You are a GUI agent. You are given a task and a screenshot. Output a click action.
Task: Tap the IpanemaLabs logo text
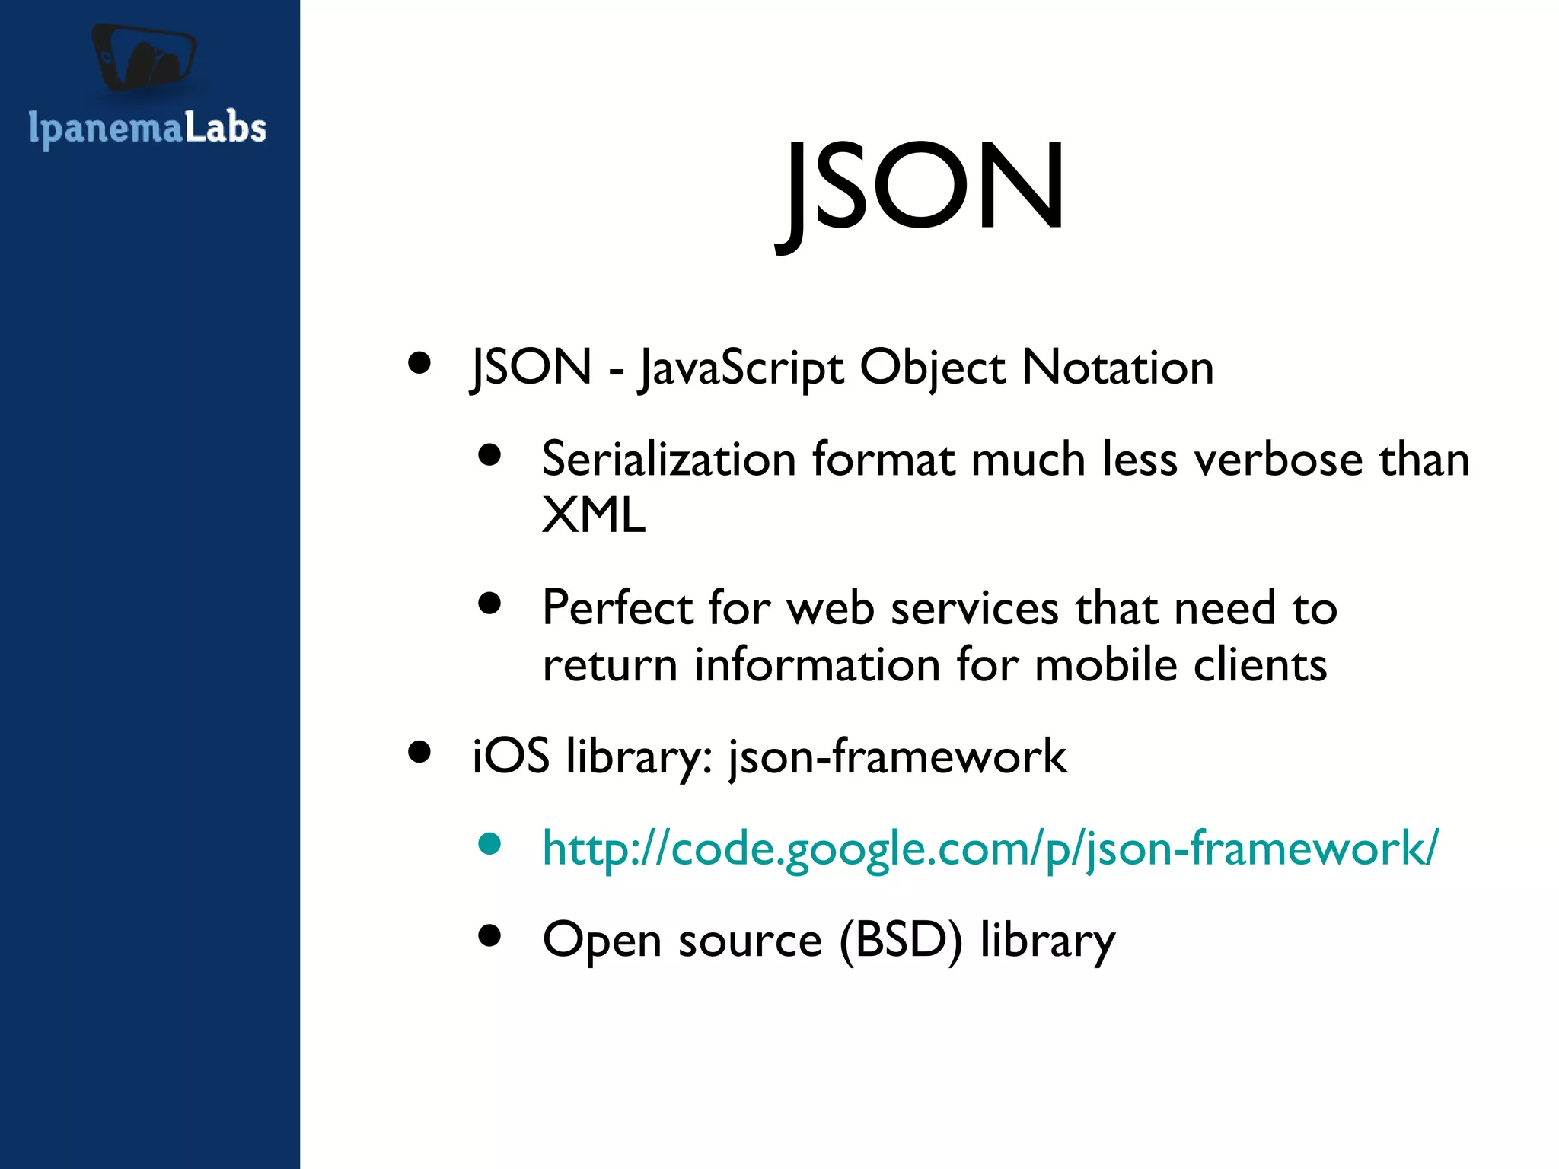click(147, 128)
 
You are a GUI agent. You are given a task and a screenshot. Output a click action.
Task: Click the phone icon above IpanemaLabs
click(144, 58)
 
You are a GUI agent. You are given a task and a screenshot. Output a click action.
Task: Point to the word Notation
click(1117, 368)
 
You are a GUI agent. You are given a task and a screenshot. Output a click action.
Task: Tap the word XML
click(594, 516)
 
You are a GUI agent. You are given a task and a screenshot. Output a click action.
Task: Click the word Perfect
click(617, 608)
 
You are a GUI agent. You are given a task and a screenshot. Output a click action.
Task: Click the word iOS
click(511, 757)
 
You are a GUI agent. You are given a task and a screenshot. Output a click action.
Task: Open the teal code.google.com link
click(990, 848)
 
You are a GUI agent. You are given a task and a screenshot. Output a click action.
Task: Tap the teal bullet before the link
click(489, 843)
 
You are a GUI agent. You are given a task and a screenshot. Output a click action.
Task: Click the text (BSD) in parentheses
click(901, 940)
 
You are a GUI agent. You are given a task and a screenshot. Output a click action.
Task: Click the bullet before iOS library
click(419, 752)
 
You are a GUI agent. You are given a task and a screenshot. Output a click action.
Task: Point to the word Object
click(932, 368)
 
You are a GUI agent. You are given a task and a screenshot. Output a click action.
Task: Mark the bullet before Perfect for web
click(489, 604)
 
